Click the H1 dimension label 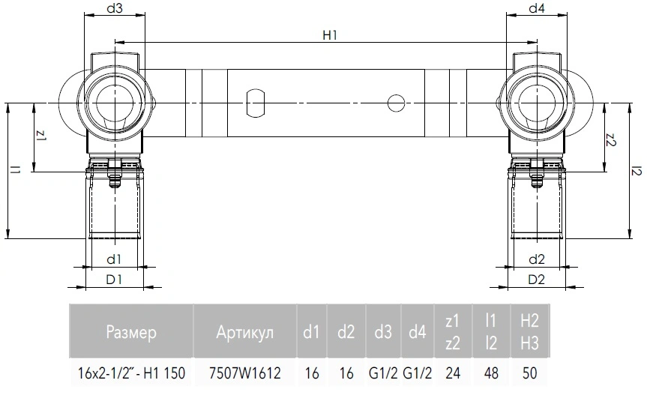click(330, 35)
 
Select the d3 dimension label click(115, 8)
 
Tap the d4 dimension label click(537, 8)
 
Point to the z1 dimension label click(41, 136)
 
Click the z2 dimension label click(611, 140)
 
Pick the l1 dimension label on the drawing click(15, 169)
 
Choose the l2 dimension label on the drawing click(637, 170)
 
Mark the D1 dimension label click(114, 280)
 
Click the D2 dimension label click(536, 280)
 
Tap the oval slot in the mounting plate click(255, 103)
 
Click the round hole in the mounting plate click(397, 103)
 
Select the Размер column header click(131, 332)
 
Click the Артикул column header click(244, 332)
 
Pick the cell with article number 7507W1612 click(244, 373)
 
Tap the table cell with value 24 click(453, 373)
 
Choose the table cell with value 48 click(491, 373)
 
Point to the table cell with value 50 click(530, 373)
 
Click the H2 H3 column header click(530, 332)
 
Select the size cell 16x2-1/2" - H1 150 click(131, 373)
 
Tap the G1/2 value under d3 click(383, 373)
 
